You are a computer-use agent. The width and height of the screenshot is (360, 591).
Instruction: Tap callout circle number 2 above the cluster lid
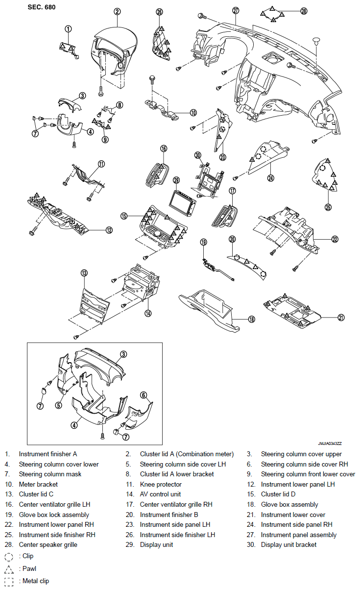[117, 11]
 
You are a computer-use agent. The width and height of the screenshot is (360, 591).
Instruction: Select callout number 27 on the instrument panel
[236, 10]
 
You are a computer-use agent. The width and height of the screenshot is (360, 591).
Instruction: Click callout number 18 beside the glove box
[251, 319]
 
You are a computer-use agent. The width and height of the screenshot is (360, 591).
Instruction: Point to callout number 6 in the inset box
[144, 395]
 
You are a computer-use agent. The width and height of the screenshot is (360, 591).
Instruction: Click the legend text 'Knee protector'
[161, 484]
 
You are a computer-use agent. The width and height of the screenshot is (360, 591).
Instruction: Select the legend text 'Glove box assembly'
[289, 504]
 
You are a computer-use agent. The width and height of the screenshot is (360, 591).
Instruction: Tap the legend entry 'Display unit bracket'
[288, 544]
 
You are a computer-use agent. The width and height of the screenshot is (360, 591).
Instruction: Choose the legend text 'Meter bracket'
[38, 484]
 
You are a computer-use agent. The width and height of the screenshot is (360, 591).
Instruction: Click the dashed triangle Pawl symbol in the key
[9, 569]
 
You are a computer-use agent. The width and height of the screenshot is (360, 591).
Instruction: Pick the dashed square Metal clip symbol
[9, 582]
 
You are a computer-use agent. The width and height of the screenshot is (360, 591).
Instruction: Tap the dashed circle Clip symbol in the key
[9, 557]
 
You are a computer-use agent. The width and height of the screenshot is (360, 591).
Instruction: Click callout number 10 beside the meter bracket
[193, 112]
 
